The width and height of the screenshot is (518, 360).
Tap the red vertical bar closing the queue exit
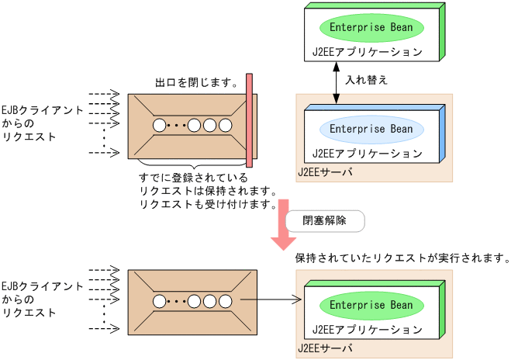(249, 120)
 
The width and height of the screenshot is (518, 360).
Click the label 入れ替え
(366, 80)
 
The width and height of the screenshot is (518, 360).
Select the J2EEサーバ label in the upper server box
(326, 171)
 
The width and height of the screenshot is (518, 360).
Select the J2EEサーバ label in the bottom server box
(326, 348)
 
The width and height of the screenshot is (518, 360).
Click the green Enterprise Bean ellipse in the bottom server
(371, 305)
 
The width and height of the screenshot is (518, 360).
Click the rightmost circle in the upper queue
(226, 125)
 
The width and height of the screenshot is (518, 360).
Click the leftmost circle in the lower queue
(160, 301)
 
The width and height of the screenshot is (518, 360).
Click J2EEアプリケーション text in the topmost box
(367, 52)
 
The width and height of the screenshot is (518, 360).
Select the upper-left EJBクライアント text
(42, 110)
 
